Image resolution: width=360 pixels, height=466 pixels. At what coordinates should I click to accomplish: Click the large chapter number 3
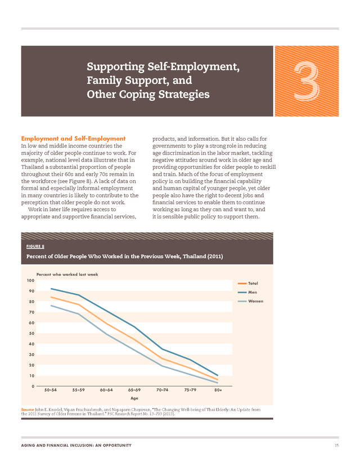(307, 81)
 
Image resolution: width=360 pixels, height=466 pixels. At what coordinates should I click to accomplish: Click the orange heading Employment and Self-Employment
(73, 138)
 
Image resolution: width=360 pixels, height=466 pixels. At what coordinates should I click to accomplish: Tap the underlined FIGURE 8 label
(35, 247)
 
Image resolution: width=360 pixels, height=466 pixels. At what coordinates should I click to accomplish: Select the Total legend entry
(248, 283)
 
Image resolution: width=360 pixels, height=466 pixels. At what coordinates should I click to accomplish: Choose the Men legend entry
(247, 292)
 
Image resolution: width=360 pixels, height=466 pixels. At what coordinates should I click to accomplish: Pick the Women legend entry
(251, 301)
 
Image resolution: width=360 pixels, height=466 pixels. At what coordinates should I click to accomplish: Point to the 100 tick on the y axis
(30, 280)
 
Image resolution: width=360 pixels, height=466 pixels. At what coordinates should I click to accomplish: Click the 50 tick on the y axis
(32, 333)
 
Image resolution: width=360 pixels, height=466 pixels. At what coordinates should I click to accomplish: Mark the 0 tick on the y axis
(33, 386)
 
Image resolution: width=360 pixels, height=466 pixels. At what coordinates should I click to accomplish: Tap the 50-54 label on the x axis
(51, 390)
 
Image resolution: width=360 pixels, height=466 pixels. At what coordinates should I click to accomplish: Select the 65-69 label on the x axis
(134, 390)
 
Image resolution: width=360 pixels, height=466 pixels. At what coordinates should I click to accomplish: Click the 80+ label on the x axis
(218, 390)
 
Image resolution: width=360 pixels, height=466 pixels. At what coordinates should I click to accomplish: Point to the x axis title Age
(134, 398)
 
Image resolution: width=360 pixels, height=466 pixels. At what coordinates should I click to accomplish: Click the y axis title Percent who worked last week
(67, 274)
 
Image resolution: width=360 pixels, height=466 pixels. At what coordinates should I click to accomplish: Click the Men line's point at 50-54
(51, 289)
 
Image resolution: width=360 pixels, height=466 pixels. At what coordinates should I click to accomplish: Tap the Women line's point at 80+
(218, 383)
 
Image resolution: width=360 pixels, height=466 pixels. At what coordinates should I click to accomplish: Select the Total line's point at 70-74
(162, 359)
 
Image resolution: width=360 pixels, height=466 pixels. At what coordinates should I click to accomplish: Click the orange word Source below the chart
(28, 410)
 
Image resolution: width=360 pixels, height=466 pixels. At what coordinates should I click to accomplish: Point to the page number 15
(336, 445)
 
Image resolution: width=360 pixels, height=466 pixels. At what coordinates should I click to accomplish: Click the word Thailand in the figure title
(195, 256)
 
